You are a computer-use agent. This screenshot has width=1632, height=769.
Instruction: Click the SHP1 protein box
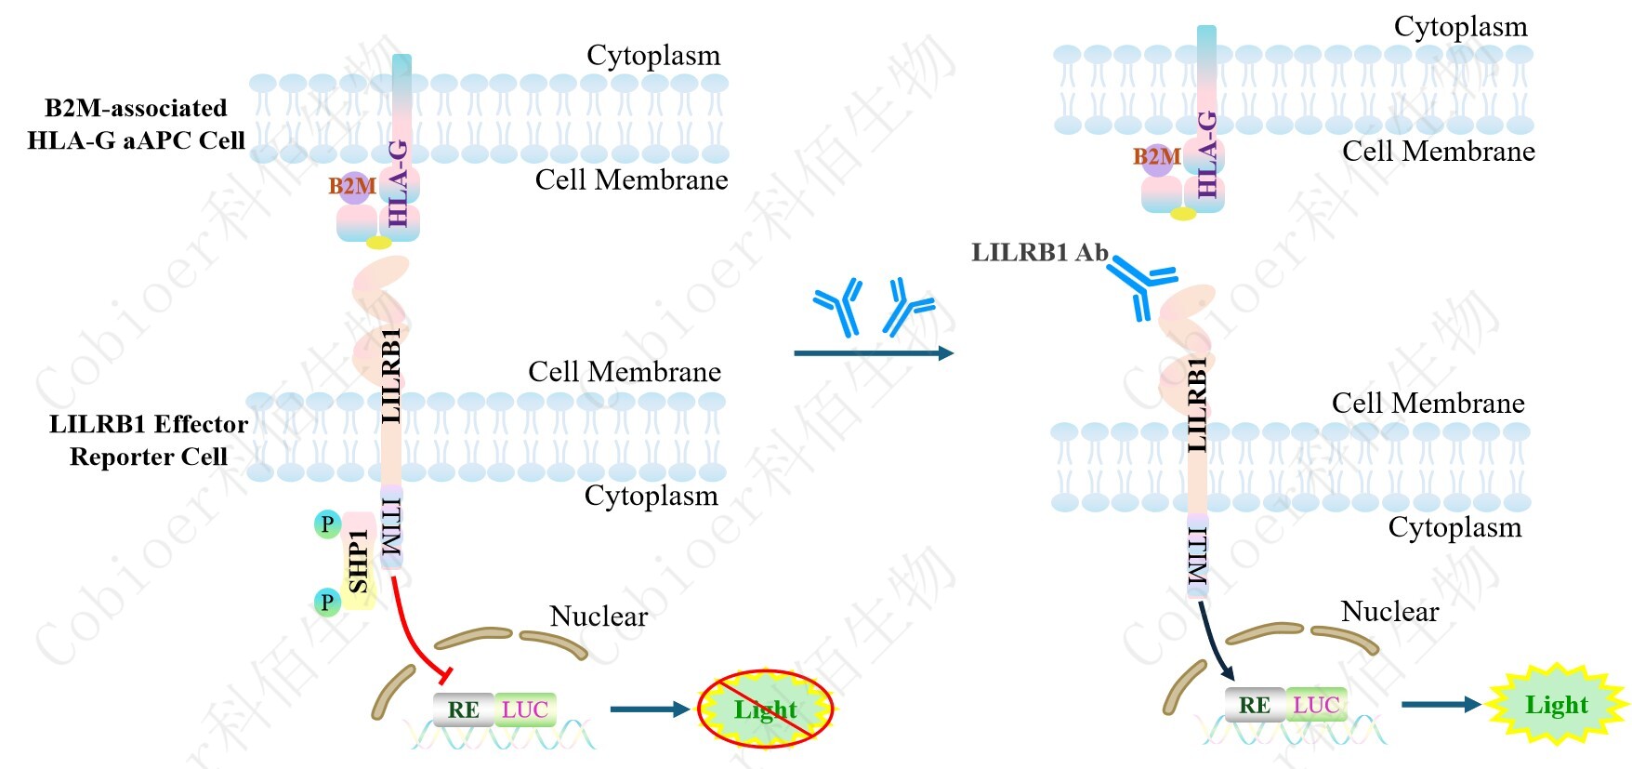coord(359,562)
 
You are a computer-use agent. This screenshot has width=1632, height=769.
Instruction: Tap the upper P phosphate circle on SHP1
coord(327,524)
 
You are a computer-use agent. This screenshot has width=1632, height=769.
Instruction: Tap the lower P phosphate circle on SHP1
coord(327,603)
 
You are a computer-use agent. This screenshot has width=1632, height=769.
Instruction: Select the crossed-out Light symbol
coord(765,709)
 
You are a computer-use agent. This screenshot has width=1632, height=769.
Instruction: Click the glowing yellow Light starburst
coord(1557,705)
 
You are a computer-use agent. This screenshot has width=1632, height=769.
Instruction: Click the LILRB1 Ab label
coord(1039,253)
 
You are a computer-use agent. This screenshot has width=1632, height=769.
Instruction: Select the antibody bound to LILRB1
coord(1142,283)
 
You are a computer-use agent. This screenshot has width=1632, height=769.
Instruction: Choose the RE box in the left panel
coord(464,710)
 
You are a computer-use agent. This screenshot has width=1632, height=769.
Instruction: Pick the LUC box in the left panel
coord(525,710)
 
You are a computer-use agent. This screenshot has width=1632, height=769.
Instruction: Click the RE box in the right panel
coord(1255,706)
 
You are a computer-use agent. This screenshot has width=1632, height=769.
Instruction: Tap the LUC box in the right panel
coord(1316,706)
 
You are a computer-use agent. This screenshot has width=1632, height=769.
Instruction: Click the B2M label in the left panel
coord(352,186)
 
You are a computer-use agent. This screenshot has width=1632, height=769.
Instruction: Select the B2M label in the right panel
coord(1156,156)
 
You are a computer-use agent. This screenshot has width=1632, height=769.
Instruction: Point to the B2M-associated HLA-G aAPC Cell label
coord(137,125)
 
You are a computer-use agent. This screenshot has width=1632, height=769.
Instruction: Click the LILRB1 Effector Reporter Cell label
coord(149,441)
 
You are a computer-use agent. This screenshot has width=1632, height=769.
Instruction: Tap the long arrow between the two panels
coord(873,353)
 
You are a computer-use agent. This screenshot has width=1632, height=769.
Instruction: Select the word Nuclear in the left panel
coord(599,617)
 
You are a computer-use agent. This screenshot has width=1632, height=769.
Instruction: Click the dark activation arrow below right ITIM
coord(1213,642)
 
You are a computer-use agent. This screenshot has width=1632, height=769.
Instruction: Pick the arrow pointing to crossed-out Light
coord(649,709)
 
